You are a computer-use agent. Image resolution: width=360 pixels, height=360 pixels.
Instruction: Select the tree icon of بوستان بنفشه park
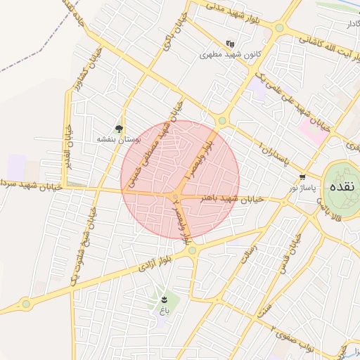[120, 129]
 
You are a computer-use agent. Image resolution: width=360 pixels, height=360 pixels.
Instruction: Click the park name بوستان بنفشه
[120, 140]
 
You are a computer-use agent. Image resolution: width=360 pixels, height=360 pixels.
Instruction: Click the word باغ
[165, 310]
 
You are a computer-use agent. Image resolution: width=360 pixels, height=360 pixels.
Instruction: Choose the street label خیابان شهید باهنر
[233, 199]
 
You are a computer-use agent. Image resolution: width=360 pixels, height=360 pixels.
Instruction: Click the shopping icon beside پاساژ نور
[302, 177]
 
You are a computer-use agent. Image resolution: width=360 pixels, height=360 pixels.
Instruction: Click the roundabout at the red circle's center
[176, 195]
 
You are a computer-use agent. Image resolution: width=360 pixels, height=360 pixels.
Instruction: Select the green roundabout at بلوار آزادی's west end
[26, 304]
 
